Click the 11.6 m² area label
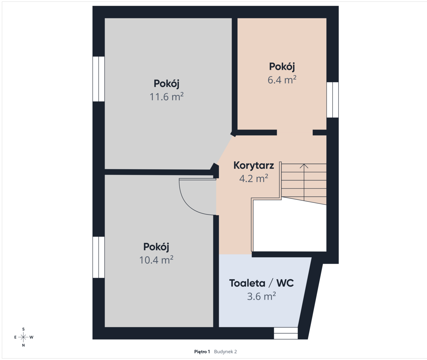click(167, 97)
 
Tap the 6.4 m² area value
click(282, 80)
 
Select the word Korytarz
click(254, 165)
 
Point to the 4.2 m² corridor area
click(254, 178)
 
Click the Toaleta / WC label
click(261, 283)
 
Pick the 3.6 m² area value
click(261, 296)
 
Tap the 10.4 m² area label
click(156, 260)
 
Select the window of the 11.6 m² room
click(98, 79)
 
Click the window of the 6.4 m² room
click(332, 100)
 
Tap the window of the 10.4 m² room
click(98, 257)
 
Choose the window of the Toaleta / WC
click(286, 333)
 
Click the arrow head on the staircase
click(304, 166)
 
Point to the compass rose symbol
click(23, 337)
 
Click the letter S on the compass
click(23, 329)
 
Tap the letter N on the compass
click(23, 345)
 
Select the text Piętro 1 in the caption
click(202, 352)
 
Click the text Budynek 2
click(225, 352)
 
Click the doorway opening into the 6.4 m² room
click(295, 133)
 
